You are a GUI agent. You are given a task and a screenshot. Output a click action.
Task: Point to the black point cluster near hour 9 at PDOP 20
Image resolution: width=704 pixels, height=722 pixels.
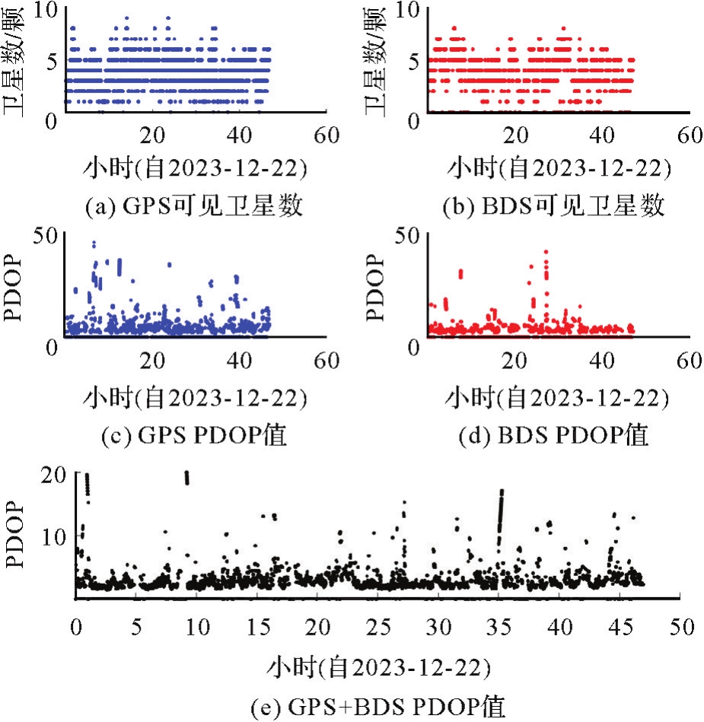click(x=186, y=477)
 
